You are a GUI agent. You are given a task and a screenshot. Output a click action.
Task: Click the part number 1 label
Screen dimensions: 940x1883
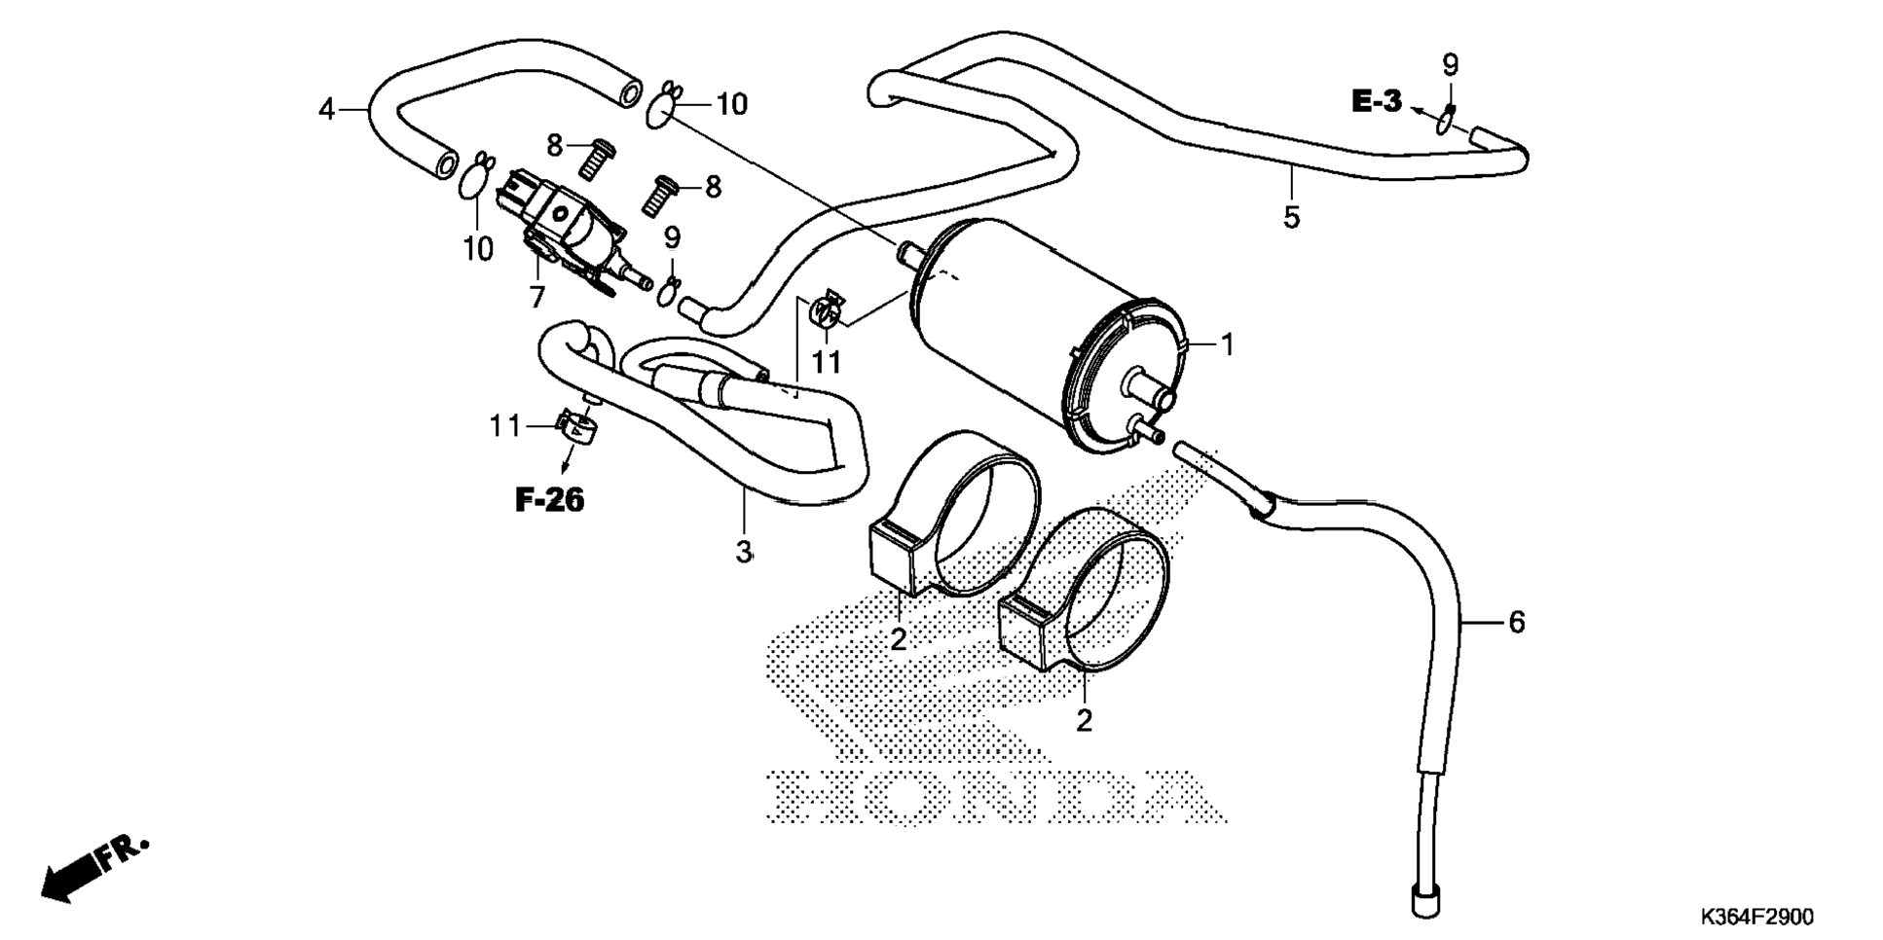pyautogui.click(x=1227, y=344)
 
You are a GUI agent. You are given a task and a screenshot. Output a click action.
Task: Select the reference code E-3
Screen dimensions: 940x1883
pyautogui.click(x=1376, y=101)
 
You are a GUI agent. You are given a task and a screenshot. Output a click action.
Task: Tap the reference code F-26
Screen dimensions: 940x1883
pyautogui.click(x=549, y=501)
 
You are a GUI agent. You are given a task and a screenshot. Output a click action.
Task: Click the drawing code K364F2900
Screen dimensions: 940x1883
pyautogui.click(x=1756, y=918)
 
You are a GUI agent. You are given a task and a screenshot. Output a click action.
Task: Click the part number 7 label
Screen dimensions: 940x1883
pyautogui.click(x=536, y=297)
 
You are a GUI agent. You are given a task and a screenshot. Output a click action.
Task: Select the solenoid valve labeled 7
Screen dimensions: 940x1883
pyautogui.click(x=565, y=234)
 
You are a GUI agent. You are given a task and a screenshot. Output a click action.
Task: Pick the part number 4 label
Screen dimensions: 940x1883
pyautogui.click(x=327, y=110)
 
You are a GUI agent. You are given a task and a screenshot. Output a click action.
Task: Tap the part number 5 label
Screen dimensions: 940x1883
pyautogui.click(x=1291, y=217)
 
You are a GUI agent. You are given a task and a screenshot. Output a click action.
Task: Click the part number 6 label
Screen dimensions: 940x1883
pyautogui.click(x=1516, y=622)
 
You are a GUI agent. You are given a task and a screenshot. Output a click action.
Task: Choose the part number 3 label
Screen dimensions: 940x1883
pyautogui.click(x=744, y=553)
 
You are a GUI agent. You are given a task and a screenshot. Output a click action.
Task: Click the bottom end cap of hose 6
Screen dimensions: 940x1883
pyautogui.click(x=1424, y=901)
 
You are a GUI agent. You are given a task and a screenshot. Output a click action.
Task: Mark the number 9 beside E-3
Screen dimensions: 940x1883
pyautogui.click(x=1450, y=66)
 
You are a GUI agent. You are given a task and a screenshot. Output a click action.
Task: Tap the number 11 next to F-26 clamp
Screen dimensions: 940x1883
pyautogui.click(x=505, y=426)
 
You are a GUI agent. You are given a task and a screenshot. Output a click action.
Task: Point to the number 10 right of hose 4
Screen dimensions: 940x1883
pyautogui.click(x=731, y=104)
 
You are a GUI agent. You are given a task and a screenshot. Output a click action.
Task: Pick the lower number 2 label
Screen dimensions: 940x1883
pyautogui.click(x=1084, y=721)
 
